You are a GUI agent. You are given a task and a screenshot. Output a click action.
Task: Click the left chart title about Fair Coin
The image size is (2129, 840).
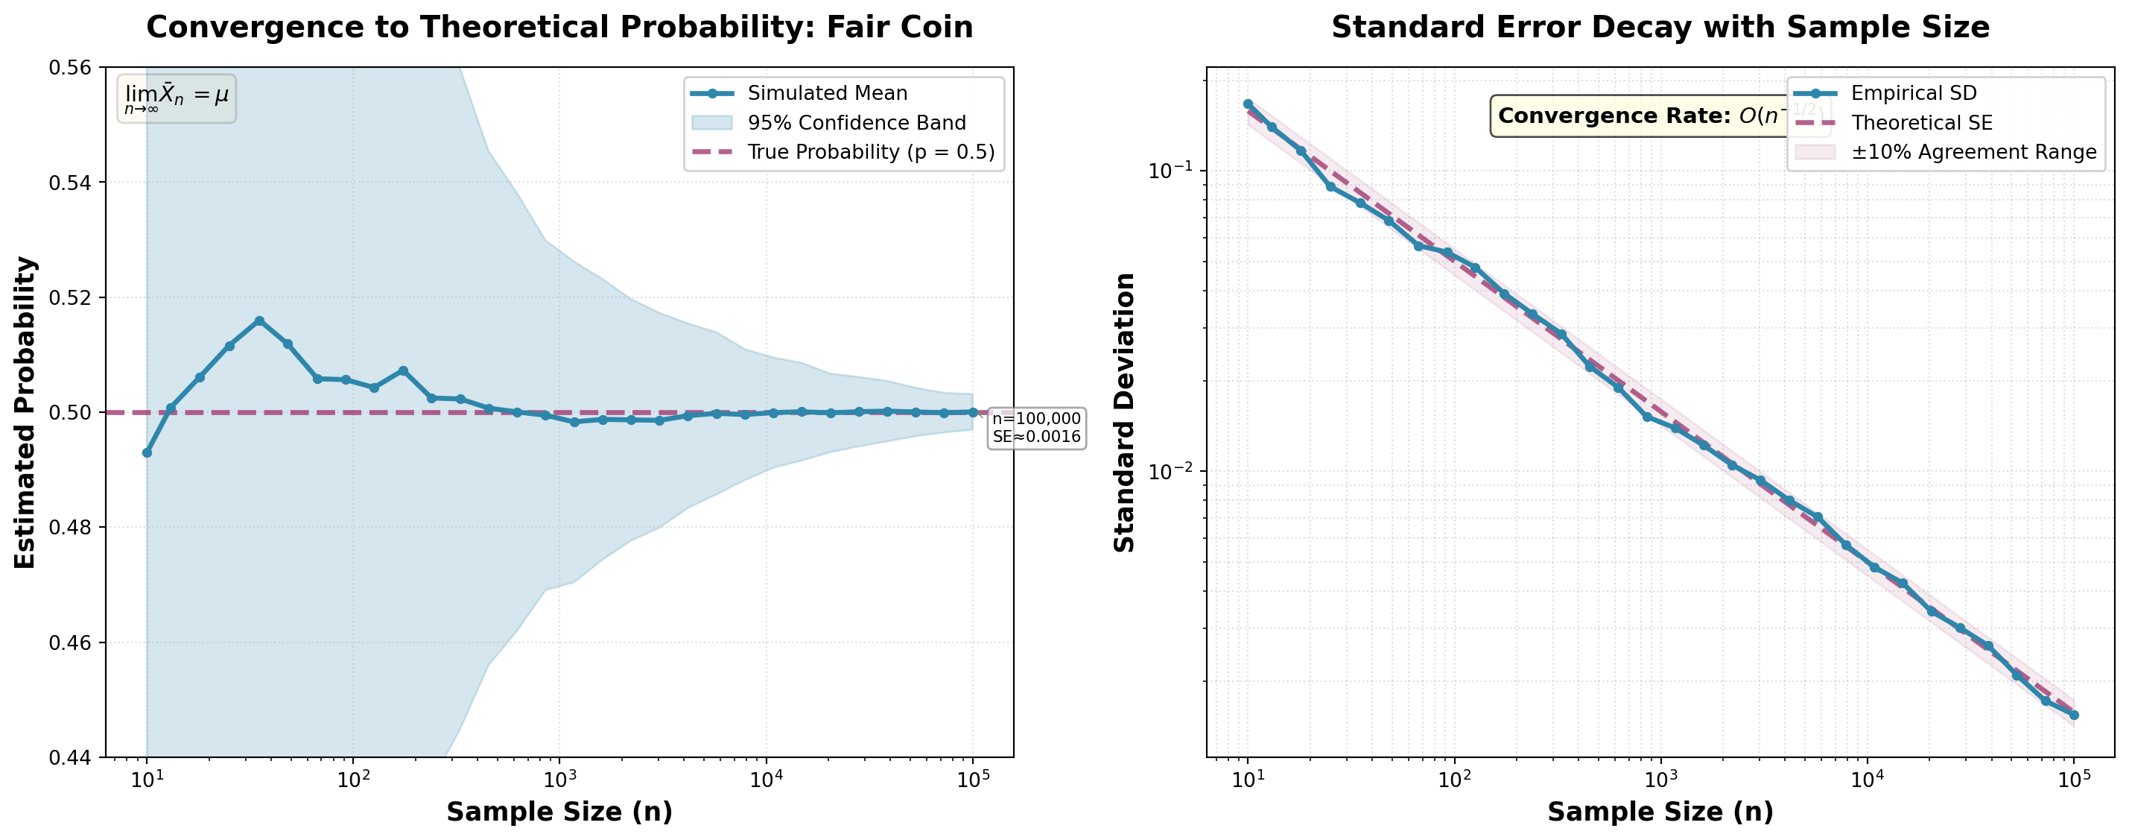(x=559, y=28)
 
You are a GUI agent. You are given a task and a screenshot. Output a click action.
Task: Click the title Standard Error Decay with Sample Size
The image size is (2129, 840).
(x=1660, y=28)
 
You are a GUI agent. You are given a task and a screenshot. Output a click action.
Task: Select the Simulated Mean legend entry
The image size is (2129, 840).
(x=826, y=93)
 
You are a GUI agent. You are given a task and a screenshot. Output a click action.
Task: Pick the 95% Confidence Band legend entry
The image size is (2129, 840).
(x=856, y=123)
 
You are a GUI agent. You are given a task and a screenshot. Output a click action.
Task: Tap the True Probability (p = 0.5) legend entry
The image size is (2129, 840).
(x=870, y=152)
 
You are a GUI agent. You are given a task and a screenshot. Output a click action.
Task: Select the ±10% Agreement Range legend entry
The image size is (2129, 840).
(x=1973, y=152)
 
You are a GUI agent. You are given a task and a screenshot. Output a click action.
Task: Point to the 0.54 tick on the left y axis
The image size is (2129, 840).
(x=70, y=182)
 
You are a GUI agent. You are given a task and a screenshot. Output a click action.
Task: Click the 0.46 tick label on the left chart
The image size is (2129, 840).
(x=70, y=642)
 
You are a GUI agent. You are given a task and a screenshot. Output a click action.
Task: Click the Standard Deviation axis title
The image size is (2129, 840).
(x=1125, y=411)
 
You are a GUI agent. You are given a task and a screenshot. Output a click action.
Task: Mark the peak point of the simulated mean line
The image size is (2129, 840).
(x=259, y=320)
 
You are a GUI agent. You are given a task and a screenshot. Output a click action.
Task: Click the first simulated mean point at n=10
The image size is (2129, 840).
(x=147, y=452)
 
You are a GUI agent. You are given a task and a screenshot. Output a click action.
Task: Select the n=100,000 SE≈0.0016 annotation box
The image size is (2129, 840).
(x=1035, y=427)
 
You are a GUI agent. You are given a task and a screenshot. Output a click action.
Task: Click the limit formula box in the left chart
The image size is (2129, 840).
(x=176, y=98)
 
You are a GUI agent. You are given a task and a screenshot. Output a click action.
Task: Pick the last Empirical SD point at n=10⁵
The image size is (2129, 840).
(x=2073, y=716)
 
